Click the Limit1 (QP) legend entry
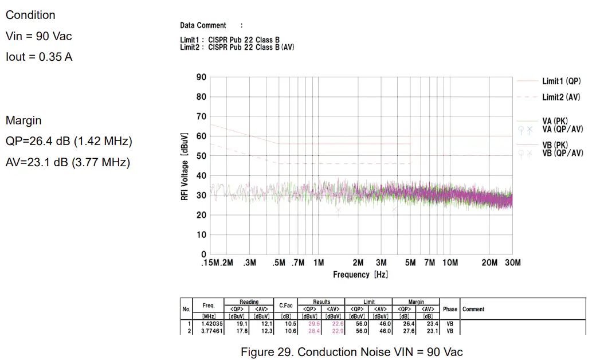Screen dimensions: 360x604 pos(561,82)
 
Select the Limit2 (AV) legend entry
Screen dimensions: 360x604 pos(561,97)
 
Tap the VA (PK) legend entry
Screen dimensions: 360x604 pos(555,121)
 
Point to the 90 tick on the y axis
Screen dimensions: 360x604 pos(201,77)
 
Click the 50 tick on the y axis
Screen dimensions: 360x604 pos(201,156)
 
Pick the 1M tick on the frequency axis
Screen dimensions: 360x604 pos(319,263)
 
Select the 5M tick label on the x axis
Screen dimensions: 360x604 pos(410,263)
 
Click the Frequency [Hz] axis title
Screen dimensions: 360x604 pos(360,275)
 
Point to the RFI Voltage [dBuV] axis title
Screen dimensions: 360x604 pos(185,166)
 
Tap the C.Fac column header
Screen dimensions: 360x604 pos(286,306)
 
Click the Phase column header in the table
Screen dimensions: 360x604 pos(450,309)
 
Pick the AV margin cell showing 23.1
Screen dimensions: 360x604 pos(427,331)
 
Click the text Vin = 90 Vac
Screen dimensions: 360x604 pos(39,36)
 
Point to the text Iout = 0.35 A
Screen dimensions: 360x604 pos(39,57)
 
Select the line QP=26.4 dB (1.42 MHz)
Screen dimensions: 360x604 pos(69,142)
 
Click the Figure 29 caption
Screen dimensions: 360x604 pos(351,351)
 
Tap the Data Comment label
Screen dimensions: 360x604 pos(203,26)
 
